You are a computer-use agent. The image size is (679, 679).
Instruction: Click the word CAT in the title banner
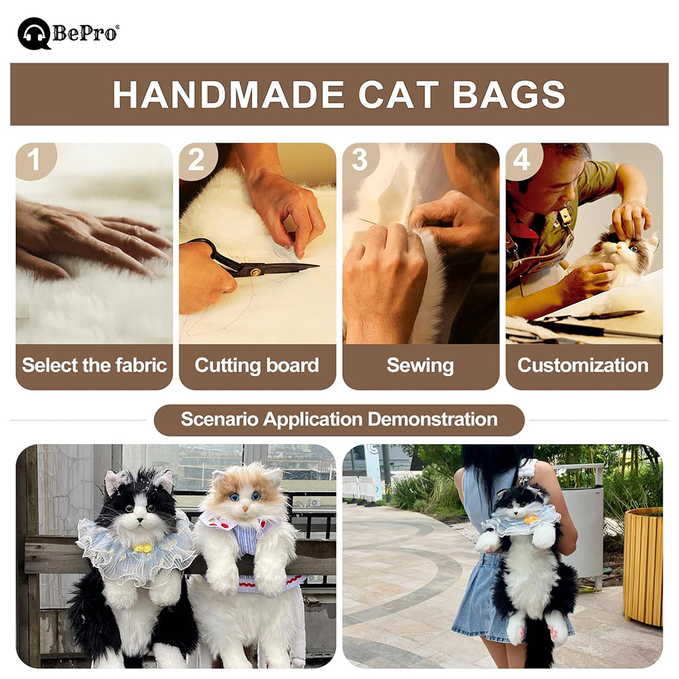click(x=399, y=94)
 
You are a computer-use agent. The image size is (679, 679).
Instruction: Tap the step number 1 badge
click(x=33, y=160)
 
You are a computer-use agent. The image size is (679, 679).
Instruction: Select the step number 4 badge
click(x=521, y=160)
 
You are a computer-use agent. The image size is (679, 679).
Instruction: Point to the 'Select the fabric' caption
click(x=94, y=365)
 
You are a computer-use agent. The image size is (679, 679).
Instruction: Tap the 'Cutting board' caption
click(x=257, y=365)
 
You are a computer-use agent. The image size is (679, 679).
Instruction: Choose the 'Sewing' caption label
click(x=420, y=365)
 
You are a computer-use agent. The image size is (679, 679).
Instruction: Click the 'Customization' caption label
click(x=583, y=365)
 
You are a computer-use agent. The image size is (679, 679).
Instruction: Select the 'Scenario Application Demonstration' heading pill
click(x=339, y=420)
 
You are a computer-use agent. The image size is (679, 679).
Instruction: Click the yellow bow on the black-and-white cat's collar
click(x=143, y=547)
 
